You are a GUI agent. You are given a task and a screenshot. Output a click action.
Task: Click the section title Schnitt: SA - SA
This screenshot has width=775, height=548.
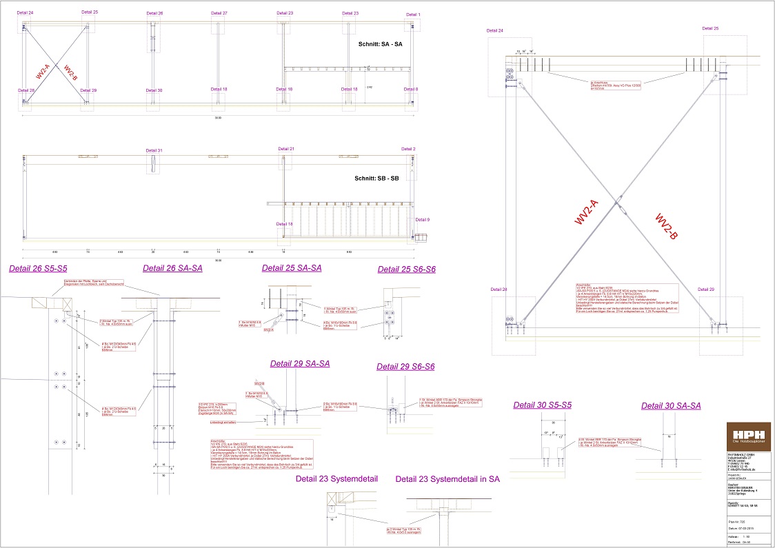tap(380, 44)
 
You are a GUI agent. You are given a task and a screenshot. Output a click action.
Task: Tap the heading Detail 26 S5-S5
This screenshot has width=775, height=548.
tap(37, 267)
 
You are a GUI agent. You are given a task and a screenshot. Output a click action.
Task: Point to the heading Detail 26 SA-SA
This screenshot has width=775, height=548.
tap(172, 267)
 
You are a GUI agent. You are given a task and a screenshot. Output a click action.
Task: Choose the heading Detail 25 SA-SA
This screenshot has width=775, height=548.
tap(292, 267)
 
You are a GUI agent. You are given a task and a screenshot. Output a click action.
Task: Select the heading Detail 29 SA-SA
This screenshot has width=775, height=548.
tap(299, 363)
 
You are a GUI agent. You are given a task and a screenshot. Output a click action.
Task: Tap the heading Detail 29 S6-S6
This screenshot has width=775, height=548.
tap(405, 367)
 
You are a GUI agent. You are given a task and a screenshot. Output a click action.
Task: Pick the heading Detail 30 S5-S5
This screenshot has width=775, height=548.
tap(542, 405)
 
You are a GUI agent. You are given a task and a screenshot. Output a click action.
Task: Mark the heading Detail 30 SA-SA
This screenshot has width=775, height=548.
tap(671, 405)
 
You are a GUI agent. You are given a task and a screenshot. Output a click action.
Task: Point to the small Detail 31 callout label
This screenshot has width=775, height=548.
tap(154, 150)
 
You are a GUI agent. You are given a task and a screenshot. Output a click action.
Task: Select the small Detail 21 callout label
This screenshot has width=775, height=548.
tap(286, 149)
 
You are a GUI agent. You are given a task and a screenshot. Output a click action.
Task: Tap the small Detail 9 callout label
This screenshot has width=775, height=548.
tap(423, 220)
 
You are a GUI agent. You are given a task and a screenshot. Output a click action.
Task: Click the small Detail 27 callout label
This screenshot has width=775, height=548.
tap(219, 13)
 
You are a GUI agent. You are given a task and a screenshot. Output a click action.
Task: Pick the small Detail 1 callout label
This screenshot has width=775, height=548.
tap(412, 14)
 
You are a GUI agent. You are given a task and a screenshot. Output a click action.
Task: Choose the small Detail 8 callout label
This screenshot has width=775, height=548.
tap(411, 90)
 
